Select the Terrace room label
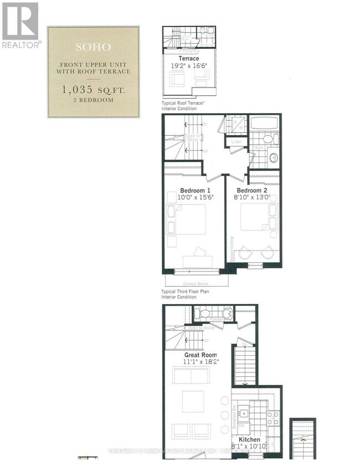189,58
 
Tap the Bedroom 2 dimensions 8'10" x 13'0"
254,196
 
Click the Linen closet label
236,142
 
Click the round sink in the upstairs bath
272,158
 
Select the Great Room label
200,355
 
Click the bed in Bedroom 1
187,219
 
